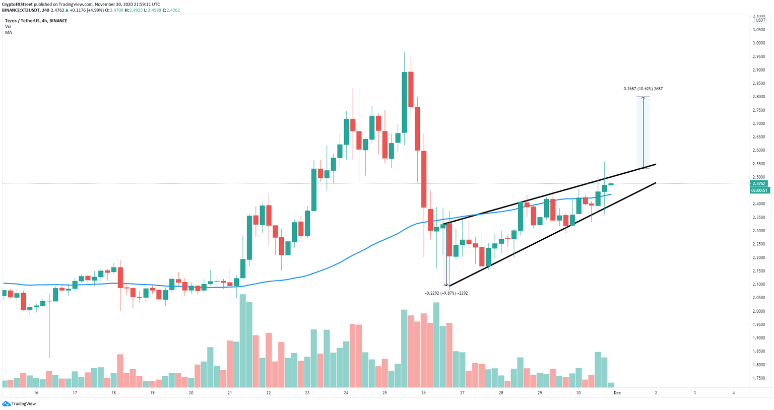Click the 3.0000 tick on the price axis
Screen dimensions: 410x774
pyautogui.click(x=759, y=43)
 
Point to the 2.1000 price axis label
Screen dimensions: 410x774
pyautogui.click(x=759, y=285)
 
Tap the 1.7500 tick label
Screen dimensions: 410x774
pyautogui.click(x=759, y=378)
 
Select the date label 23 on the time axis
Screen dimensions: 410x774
pyautogui.click(x=307, y=393)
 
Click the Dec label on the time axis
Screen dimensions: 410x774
pyautogui.click(x=617, y=393)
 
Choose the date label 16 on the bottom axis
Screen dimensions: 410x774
pyautogui.click(x=36, y=393)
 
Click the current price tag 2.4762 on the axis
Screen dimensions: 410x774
pyautogui.click(x=759, y=184)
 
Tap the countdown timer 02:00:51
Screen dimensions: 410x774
pyautogui.click(x=759, y=190)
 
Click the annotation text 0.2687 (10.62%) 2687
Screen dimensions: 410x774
pyautogui.click(x=642, y=89)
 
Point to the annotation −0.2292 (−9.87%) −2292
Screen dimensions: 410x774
pyautogui.click(x=446, y=293)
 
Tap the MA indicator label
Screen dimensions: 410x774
pyautogui.click(x=9, y=32)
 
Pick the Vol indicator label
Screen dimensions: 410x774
pyautogui.click(x=8, y=27)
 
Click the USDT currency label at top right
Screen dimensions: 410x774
pyautogui.click(x=759, y=20)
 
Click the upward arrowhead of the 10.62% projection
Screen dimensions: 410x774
pyautogui.click(x=643, y=98)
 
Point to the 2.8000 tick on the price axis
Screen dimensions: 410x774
pyautogui.click(x=759, y=97)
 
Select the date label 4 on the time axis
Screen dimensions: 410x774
pyautogui.click(x=733, y=393)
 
